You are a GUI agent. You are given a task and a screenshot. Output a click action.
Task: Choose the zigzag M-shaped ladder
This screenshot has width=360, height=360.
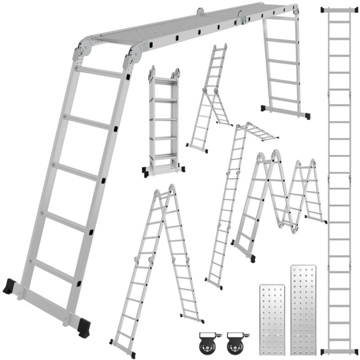click(279, 198)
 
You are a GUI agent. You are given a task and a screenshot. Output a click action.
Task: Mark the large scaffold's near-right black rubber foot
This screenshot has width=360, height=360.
click(84, 327)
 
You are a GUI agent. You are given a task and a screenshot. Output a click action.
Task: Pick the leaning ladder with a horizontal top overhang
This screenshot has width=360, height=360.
click(229, 202)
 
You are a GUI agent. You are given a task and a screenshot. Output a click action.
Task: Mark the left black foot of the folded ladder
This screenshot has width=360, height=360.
click(146, 171)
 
